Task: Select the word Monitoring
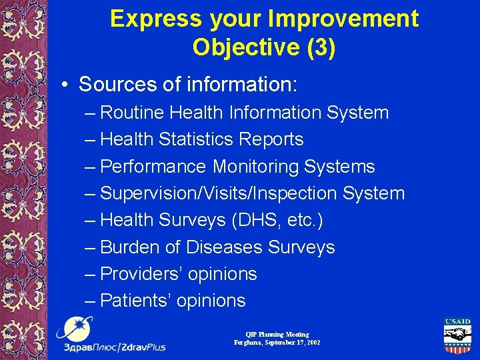[x=258, y=167]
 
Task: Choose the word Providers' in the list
[x=143, y=274]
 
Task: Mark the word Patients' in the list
[x=136, y=301]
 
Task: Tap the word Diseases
[x=224, y=247]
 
